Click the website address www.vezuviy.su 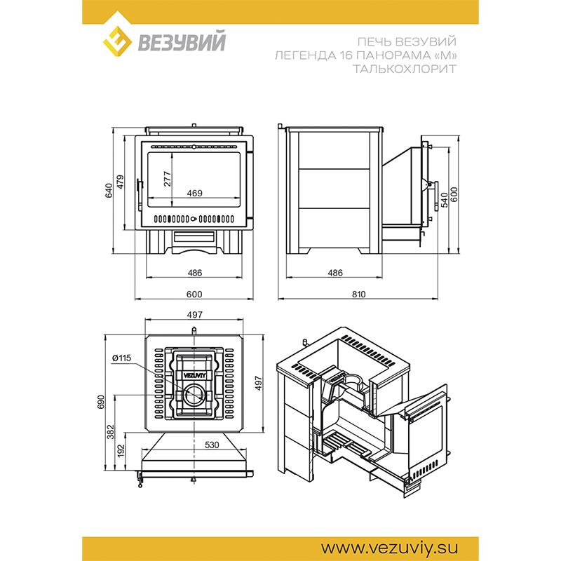[x=389, y=548]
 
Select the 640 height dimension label [x=109, y=190]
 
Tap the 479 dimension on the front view [x=120, y=182]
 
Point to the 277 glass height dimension [x=167, y=179]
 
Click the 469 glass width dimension [x=195, y=194]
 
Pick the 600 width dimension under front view [x=194, y=294]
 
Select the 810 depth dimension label [x=358, y=294]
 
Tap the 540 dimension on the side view [x=444, y=200]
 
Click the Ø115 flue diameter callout [x=121, y=358]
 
